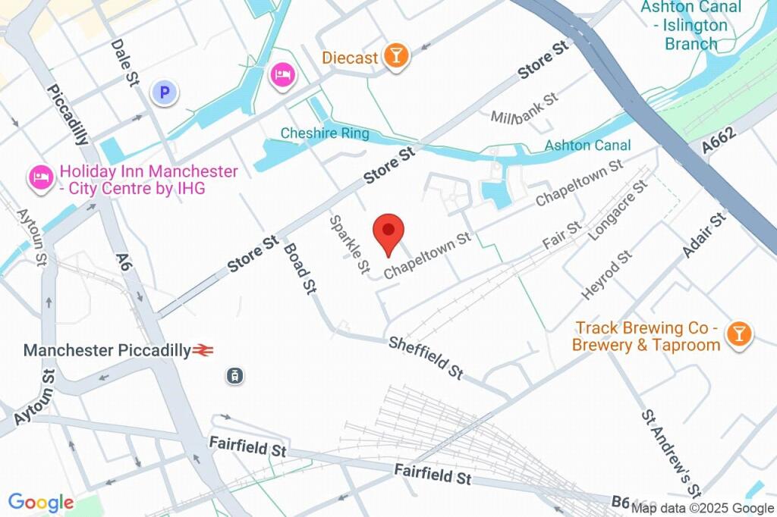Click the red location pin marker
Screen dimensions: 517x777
[389, 232]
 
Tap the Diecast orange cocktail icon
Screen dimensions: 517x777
[395, 55]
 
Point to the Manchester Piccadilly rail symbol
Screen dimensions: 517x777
[203, 350]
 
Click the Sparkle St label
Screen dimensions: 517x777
[349, 244]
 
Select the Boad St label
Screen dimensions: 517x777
[300, 268]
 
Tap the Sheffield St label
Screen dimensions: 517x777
[426, 358]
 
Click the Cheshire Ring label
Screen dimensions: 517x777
[325, 133]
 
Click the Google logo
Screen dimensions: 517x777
[41, 502]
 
